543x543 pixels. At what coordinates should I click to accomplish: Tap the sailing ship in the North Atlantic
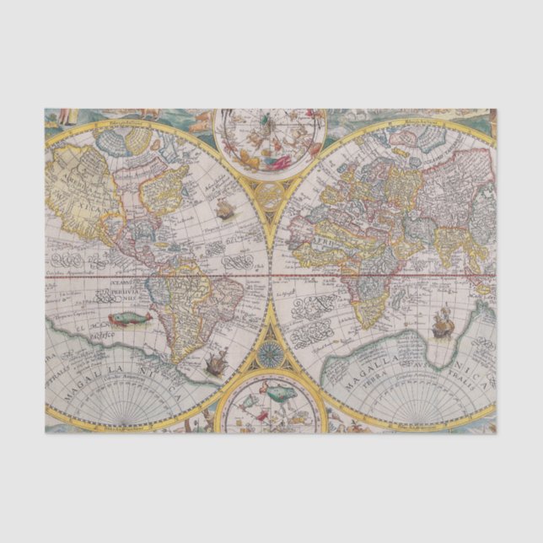pyautogui.click(x=224, y=209)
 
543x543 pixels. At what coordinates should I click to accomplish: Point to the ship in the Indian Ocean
pyautogui.click(x=441, y=321)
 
